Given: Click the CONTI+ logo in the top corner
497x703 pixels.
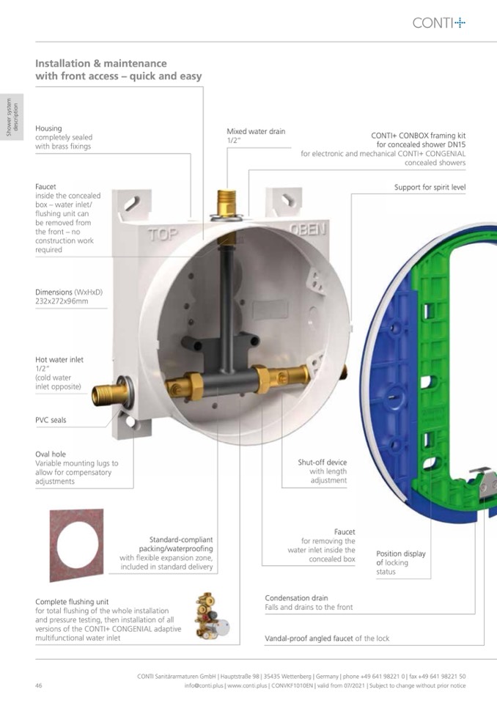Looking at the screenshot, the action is tap(439, 23).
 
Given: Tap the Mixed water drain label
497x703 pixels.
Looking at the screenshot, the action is tap(256, 131).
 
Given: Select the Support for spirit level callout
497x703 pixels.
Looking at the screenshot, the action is tap(430, 188).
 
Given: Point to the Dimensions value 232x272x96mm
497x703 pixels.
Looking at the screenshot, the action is tap(62, 301).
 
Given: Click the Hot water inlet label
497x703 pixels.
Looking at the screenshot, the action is tap(59, 360).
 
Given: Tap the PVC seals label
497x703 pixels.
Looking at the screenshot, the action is tap(51, 420).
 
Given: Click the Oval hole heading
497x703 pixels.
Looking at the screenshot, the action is tap(51, 454).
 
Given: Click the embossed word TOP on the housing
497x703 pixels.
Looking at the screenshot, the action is tap(163, 234).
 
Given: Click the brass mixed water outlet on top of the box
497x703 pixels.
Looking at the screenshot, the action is tap(227, 205).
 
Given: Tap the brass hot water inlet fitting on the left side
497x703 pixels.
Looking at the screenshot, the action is tap(110, 393).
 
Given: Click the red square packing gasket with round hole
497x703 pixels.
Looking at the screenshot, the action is tap(77, 545).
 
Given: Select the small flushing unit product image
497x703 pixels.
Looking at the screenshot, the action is tap(212, 616).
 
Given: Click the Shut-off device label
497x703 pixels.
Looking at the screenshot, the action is tap(323, 463).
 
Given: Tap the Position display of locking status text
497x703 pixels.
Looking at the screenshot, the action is tap(401, 563).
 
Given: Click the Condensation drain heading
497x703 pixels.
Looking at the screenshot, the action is tap(296, 598).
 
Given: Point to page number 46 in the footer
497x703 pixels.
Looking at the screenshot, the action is tap(39, 685).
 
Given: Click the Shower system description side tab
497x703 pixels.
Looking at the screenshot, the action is tap(12, 117).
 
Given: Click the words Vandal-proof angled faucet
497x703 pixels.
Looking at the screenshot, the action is tap(309, 638).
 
